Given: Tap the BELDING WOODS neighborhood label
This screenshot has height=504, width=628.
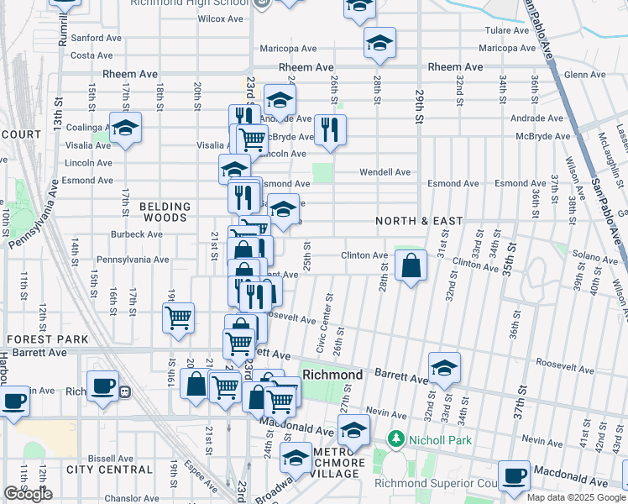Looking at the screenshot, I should coord(165,212).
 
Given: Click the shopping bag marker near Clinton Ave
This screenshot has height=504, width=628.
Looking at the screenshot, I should coord(410,267).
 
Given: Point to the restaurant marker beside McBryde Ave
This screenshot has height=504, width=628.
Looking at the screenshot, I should coord(329,129).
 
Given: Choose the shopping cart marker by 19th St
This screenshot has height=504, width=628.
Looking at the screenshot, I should coord(178,318).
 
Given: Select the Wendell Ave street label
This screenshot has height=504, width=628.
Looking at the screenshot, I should coord(385,172).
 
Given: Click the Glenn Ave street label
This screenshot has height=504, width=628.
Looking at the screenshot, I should coord(585,75).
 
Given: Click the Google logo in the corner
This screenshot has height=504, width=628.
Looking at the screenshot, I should coord(28,494).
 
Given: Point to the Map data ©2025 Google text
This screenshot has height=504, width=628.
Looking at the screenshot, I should coord(568,497).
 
